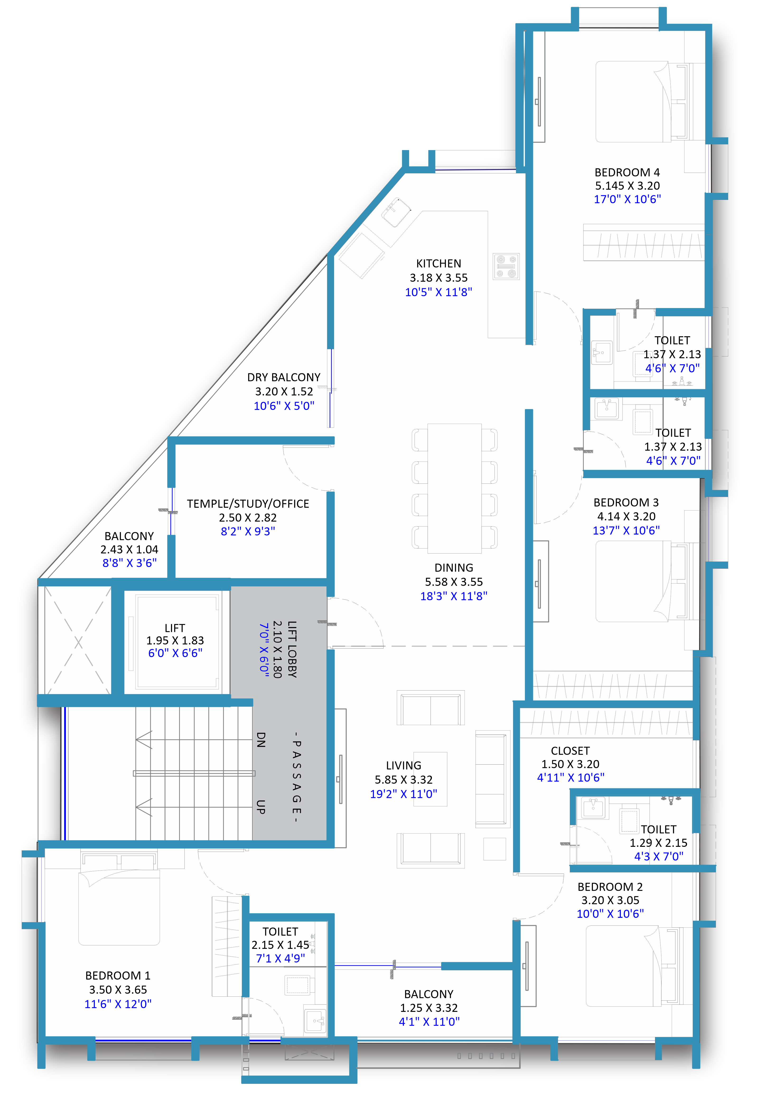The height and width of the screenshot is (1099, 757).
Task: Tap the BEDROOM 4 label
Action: [x=627, y=172]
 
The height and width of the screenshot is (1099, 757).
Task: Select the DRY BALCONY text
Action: [x=284, y=377]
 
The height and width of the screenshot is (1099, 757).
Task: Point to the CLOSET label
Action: [x=570, y=751]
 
